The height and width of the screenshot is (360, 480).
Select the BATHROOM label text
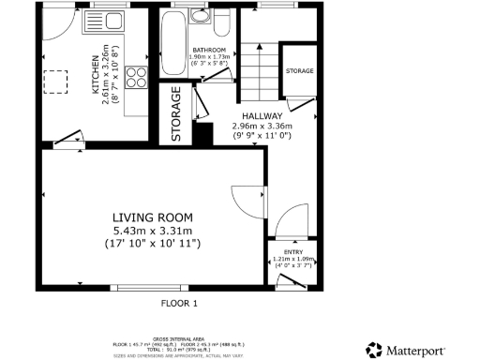pyautogui.click(x=208, y=50)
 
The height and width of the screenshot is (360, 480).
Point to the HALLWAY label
pyautogui.click(x=262, y=114)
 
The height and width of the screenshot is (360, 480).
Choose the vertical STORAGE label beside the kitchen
pyautogui.click(x=175, y=115)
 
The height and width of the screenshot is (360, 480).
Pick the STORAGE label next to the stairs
pyautogui.click(x=299, y=70)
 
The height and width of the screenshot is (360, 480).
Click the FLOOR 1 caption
pyautogui.click(x=180, y=304)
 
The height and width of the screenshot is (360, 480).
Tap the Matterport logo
pyautogui.click(x=418, y=350)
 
